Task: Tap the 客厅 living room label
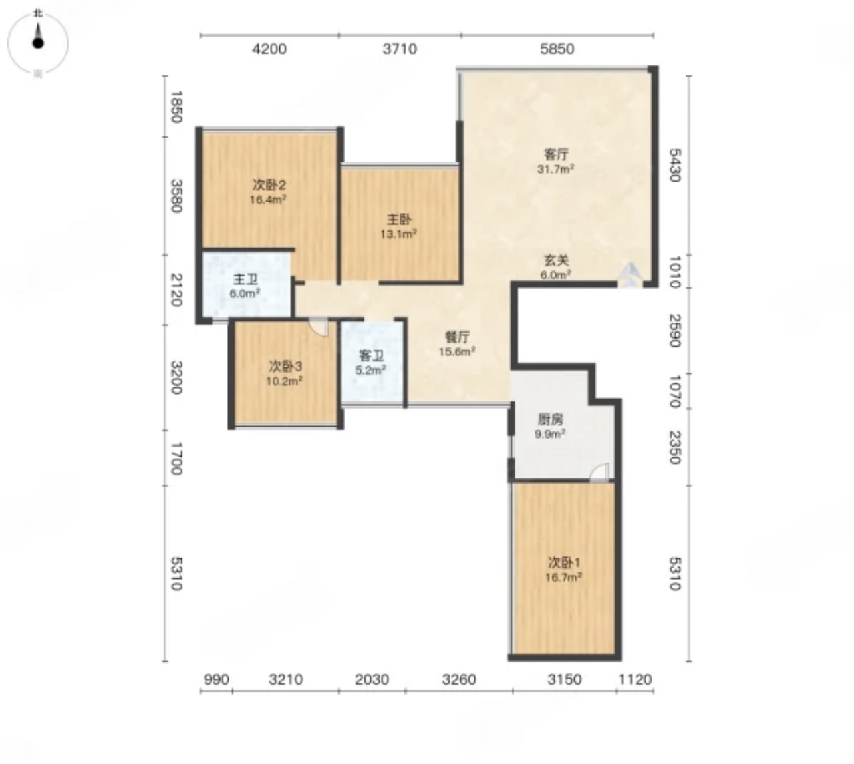pos(556,154)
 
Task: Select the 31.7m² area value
pos(556,169)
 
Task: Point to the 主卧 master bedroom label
pos(399,220)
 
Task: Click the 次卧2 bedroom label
pos(269,185)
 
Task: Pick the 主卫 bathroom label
pos(245,279)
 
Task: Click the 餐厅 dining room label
pos(458,337)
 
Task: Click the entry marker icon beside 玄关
pos(631,275)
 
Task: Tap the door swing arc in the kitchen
pos(599,472)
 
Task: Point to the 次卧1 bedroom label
pos(565,562)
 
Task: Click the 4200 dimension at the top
pos(269,49)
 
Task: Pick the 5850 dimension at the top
pos(557,49)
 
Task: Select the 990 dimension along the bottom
pos(217,679)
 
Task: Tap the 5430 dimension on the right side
pos(675,165)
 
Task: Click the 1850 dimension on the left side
pos(177,106)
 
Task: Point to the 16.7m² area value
pos(564,577)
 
